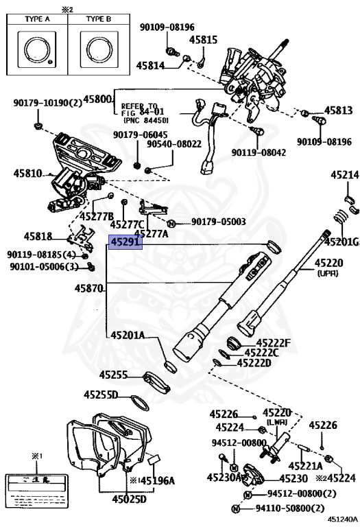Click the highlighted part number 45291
pyautogui.click(x=123, y=242)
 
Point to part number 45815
pyautogui.click(x=204, y=40)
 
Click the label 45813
pyautogui.click(x=338, y=110)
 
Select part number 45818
pyautogui.click(x=38, y=236)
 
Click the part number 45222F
pyautogui.click(x=274, y=342)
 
